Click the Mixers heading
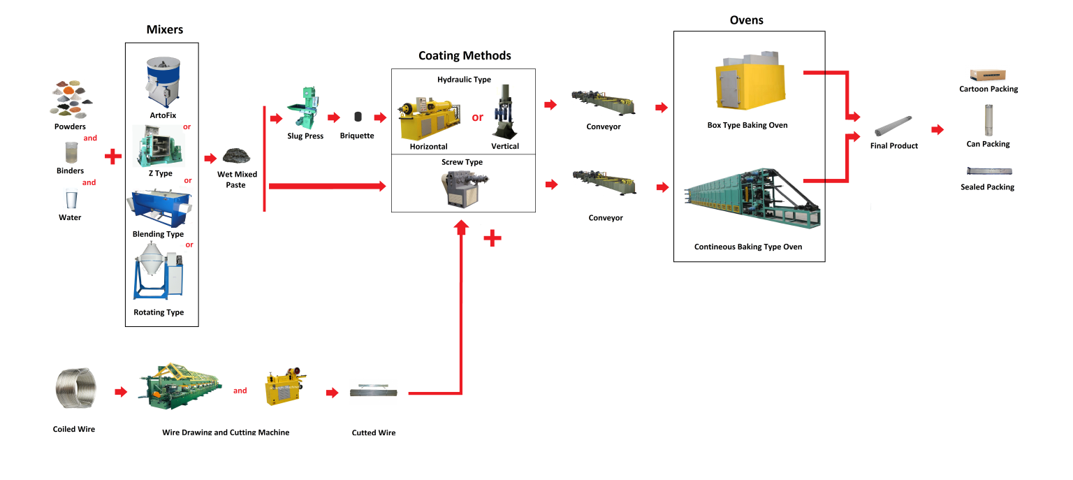165,29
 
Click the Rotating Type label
159,312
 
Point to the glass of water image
70,199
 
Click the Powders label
70,127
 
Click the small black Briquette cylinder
357,117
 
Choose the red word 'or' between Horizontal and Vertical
477,117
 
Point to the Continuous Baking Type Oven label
747,247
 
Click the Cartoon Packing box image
987,75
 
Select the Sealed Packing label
987,187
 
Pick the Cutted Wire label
374,433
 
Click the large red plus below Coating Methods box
492,239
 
